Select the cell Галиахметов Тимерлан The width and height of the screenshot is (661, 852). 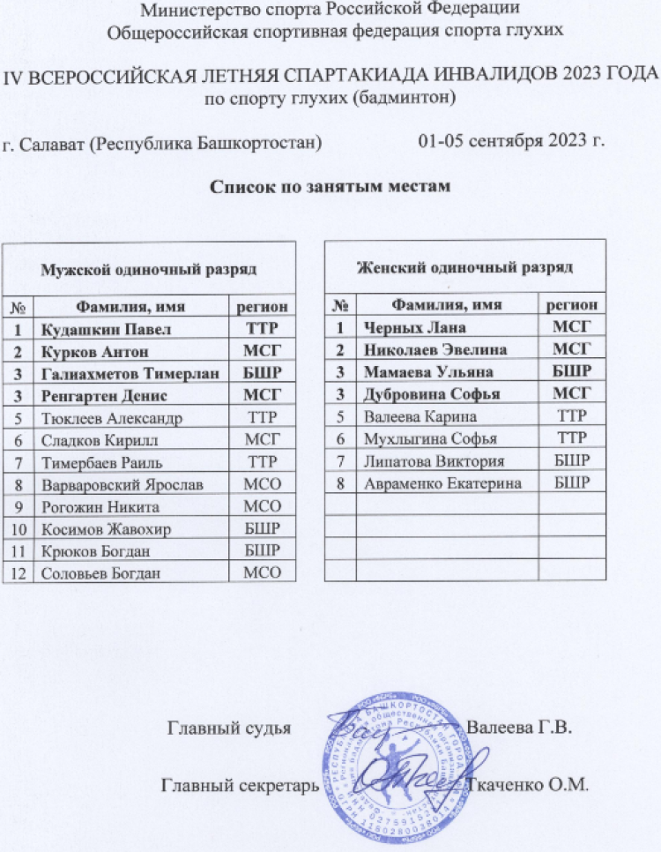pos(124,373)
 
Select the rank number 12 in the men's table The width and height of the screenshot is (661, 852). pos(18,572)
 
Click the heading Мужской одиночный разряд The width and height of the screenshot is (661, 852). pos(151,265)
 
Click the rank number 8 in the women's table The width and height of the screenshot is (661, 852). pos(340,483)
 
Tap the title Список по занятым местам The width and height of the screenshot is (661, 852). pos(330,187)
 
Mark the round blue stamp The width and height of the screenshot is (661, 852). pos(392,767)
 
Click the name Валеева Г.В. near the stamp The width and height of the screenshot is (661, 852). pos(520,729)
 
